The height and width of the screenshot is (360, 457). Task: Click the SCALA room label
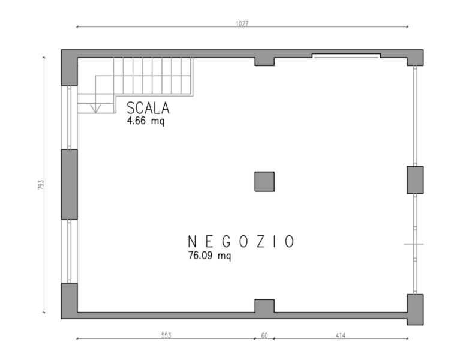(148, 108)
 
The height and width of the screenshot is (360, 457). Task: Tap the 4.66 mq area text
(145, 121)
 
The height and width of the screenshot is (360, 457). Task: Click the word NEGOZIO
(240, 242)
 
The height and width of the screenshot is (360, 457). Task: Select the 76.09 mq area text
(209, 256)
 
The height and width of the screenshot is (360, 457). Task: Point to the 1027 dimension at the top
(242, 23)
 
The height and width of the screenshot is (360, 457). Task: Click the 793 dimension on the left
(41, 185)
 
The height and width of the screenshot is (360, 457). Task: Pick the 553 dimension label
(166, 335)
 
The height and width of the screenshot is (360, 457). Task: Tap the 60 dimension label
(264, 335)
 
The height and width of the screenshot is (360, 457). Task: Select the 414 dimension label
(341, 335)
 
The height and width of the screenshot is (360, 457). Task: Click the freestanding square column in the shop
(264, 182)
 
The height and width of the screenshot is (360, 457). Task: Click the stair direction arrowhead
(95, 109)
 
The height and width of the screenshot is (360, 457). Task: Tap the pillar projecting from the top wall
(264, 62)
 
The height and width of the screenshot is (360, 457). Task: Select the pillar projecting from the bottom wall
(264, 306)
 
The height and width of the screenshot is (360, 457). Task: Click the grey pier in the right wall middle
(415, 180)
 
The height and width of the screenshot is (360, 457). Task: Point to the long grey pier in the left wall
(70, 184)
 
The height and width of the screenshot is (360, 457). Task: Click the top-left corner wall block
(70, 68)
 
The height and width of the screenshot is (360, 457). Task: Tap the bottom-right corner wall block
(415, 310)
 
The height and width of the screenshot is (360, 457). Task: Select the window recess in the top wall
(346, 56)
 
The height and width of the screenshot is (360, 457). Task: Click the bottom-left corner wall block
(70, 301)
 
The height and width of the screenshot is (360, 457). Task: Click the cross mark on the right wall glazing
(414, 244)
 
